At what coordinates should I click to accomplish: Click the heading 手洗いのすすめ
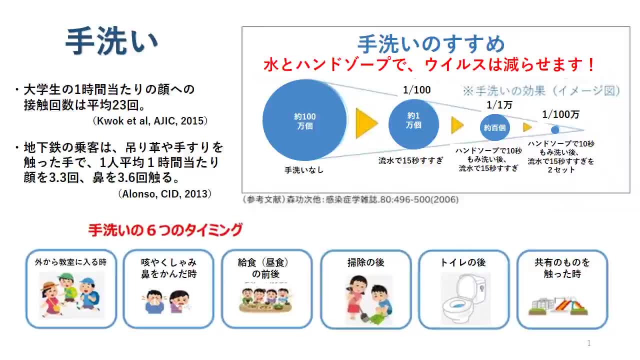pos(431,44)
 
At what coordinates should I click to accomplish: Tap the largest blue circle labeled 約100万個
pos(304,120)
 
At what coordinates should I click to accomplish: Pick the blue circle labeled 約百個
pos(494,127)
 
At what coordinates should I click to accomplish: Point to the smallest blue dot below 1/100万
pos(555,129)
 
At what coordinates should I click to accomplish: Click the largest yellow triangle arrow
pos(366,123)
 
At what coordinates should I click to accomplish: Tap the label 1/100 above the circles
pos(416,90)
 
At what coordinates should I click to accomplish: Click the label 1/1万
pos(499,105)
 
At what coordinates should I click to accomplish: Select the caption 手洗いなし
pos(304,170)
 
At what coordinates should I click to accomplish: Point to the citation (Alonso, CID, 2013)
pos(164,194)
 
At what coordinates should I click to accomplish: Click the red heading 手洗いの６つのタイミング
pos(165,230)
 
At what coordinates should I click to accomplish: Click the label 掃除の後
pos(365,262)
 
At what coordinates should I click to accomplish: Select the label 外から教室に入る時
pos(70,261)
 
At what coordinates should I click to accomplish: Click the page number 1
pos(588,343)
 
